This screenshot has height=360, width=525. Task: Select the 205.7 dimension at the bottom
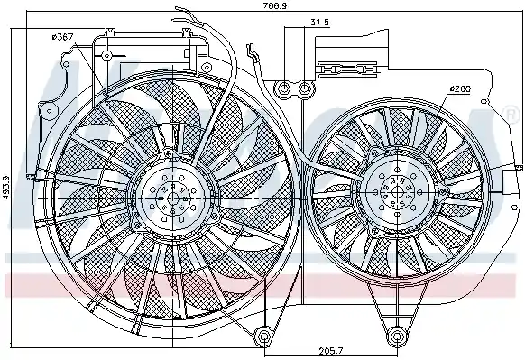[x=328, y=350]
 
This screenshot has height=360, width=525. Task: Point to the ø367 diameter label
[x=62, y=35]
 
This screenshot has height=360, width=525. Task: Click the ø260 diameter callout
[x=460, y=88]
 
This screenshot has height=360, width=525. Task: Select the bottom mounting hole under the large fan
[x=263, y=337]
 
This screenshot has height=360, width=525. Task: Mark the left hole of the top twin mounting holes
[x=285, y=88]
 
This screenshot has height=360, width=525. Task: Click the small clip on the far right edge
[x=517, y=170]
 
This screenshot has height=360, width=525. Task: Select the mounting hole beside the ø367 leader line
[x=106, y=56]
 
